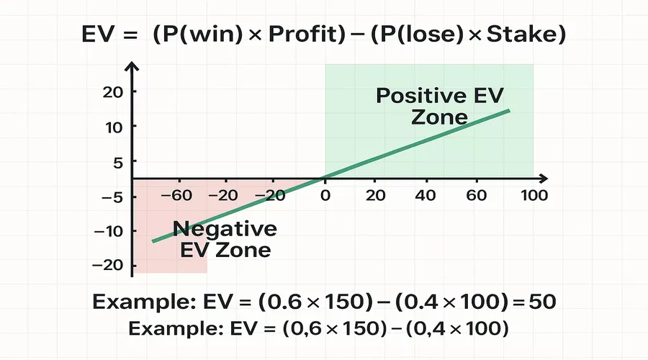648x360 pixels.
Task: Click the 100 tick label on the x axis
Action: pyautogui.click(x=534, y=195)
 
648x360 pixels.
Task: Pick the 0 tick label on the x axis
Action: pyautogui.click(x=325, y=195)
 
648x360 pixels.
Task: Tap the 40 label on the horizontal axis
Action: pyautogui.click(x=426, y=195)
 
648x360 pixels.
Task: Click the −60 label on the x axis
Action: pyautogui.click(x=176, y=195)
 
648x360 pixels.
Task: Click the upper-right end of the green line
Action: pyautogui.click(x=509, y=110)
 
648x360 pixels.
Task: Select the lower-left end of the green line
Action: pyautogui.click(x=153, y=241)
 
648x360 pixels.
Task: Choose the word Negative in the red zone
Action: pyautogui.click(x=225, y=230)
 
